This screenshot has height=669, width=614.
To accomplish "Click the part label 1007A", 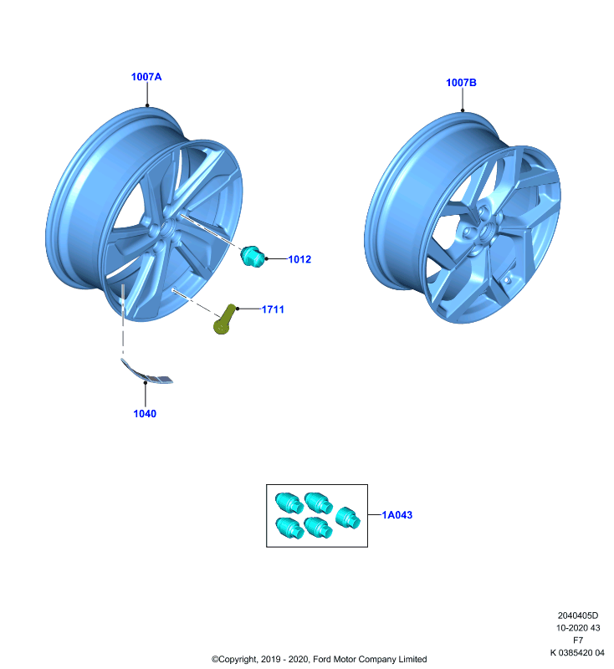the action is click(x=146, y=77).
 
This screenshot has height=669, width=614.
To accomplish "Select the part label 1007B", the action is click(x=461, y=82).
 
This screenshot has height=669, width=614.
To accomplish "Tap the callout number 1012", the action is click(x=299, y=259).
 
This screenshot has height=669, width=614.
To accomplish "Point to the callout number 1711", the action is click(x=273, y=309).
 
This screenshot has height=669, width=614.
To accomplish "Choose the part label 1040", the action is click(x=145, y=413).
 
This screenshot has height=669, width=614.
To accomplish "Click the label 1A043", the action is click(x=397, y=515).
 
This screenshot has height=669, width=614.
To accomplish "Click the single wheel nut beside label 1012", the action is click(x=252, y=257).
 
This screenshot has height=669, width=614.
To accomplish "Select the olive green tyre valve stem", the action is click(x=224, y=319).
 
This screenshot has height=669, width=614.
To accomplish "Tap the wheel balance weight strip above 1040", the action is click(x=146, y=372).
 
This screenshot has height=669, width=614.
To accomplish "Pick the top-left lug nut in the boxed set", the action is click(x=289, y=503).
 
